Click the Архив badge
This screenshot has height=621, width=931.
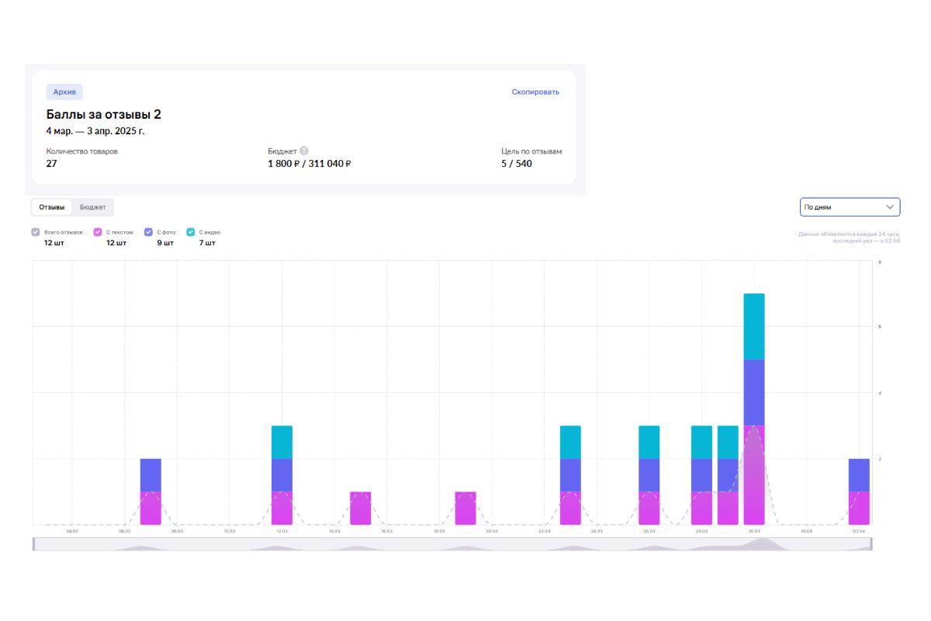[64, 92]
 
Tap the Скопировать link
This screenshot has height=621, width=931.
[535, 92]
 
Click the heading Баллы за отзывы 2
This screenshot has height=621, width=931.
[103, 115]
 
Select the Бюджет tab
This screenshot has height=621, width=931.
[92, 207]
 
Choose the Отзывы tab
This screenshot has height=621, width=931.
[52, 207]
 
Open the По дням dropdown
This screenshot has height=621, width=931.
[850, 207]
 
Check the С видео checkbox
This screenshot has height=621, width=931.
[191, 232]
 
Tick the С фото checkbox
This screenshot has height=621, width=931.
[148, 232]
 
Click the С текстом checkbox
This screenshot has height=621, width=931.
[98, 232]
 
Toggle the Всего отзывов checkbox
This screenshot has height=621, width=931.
[36, 232]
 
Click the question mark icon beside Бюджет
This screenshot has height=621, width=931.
[304, 151]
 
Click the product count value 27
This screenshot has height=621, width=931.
[52, 164]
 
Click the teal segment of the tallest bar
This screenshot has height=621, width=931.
[754, 327]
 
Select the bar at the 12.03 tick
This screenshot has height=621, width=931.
[282, 474]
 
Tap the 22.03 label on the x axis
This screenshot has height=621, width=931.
[544, 532]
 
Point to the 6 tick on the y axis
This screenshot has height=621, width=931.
[879, 327]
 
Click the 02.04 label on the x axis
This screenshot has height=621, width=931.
[859, 532]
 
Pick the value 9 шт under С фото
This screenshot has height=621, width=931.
[164, 243]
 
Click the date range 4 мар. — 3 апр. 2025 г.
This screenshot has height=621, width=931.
[95, 131]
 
